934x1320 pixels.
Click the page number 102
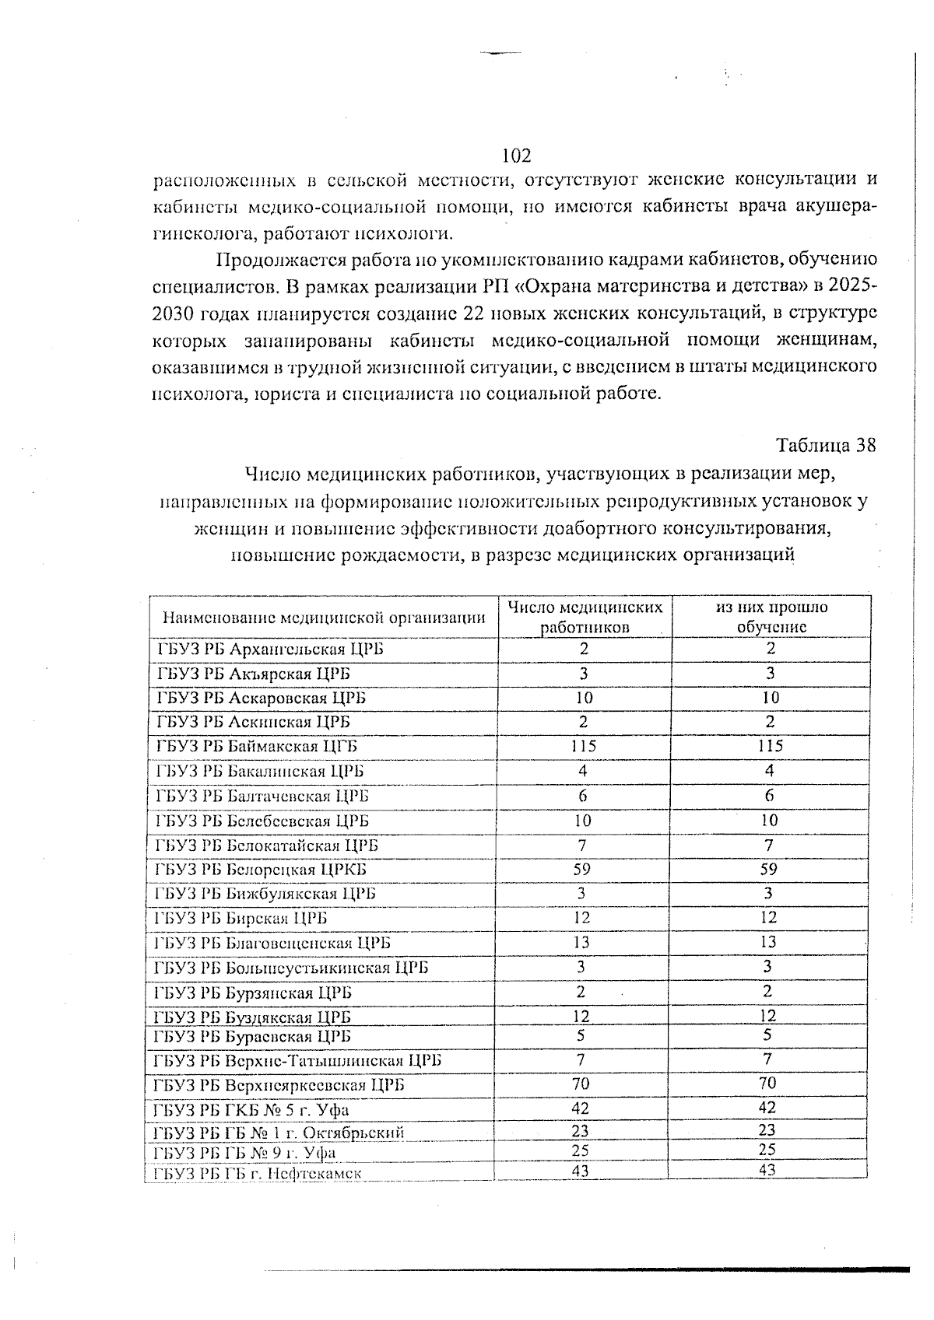coord(516,156)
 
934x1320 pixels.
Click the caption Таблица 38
coord(826,446)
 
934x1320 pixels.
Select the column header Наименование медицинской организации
coord(324,618)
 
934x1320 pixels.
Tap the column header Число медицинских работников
coord(585,617)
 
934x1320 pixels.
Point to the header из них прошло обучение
coord(771,617)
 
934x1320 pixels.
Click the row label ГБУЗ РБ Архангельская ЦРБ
coord(269,649)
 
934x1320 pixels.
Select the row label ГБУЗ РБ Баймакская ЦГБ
coord(257,747)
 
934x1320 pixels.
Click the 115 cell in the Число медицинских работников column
coord(582,746)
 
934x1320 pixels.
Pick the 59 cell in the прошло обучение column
coord(768,869)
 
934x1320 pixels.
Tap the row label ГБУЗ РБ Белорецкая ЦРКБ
coord(261,870)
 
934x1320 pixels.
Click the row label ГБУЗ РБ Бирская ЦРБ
coord(241,919)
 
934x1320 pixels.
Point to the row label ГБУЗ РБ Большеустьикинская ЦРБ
coord(291,968)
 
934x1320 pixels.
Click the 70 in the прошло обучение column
coord(767,1083)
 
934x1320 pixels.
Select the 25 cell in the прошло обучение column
coord(767,1149)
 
